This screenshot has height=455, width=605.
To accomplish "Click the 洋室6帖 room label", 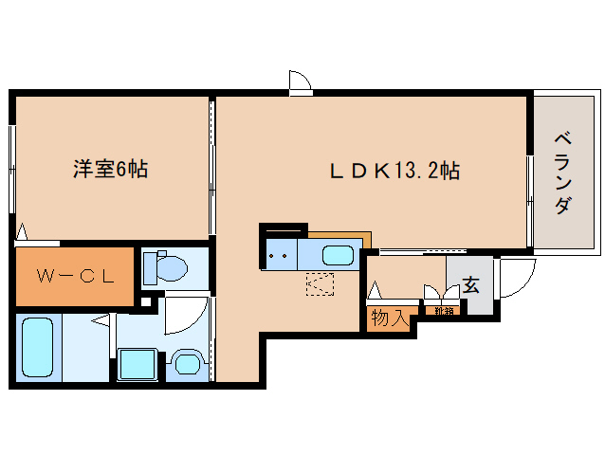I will (x=110, y=170).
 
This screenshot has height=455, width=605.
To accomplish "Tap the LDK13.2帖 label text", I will (x=394, y=172).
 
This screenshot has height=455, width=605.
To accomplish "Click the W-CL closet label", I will (x=75, y=277).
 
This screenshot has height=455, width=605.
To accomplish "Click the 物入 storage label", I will (x=390, y=318).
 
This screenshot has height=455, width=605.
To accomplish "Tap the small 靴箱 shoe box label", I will (x=443, y=310).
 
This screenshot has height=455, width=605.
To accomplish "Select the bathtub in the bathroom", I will (x=37, y=349).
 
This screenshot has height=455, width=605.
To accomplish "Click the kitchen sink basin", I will (x=339, y=255).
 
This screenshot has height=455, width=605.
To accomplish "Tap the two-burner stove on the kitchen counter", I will (x=280, y=255).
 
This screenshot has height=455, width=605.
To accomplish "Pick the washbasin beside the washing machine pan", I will (x=186, y=362).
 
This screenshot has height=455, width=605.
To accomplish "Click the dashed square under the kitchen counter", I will (x=320, y=283).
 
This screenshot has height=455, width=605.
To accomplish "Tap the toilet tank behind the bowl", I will (x=150, y=269).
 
